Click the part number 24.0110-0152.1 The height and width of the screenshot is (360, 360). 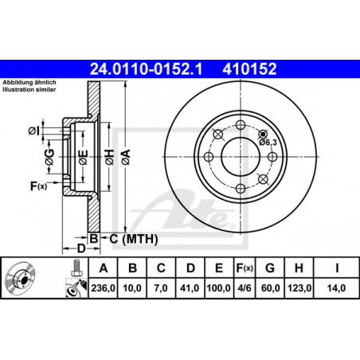pos(146,69)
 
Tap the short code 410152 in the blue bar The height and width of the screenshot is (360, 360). pos(249,69)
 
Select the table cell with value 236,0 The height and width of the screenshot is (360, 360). pos(103,288)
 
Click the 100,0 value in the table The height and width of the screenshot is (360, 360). pos(218,288)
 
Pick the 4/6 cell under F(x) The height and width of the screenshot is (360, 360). pos(245,288)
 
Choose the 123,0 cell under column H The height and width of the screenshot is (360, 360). pos(299,288)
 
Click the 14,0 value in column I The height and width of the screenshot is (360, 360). pos(336,288)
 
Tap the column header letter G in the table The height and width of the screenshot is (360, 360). pos(270,268)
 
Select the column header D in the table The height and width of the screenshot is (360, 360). pos(190,268)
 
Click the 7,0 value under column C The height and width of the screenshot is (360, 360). pos(161,288)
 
